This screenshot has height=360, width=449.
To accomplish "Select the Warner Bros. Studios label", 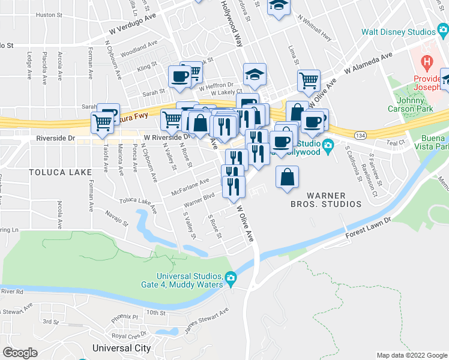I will tap(334, 200).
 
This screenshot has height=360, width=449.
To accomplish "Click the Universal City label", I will tap(121, 348).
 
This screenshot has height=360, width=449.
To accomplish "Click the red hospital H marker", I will tap(427, 61).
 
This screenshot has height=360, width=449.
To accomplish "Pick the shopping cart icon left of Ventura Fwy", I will tap(103, 122).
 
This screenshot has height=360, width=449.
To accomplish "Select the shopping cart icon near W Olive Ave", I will tap(309, 80).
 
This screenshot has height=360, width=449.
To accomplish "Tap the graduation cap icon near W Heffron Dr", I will tap(255, 75).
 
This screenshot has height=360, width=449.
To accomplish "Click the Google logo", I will tap(20, 353).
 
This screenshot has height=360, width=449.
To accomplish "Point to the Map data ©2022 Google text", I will tap(411, 355).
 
